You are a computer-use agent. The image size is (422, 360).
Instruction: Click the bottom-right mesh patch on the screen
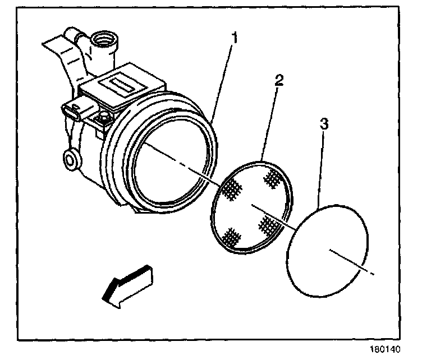click(x=270, y=225)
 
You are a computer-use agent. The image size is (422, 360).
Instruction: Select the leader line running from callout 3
click(x=320, y=168)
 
